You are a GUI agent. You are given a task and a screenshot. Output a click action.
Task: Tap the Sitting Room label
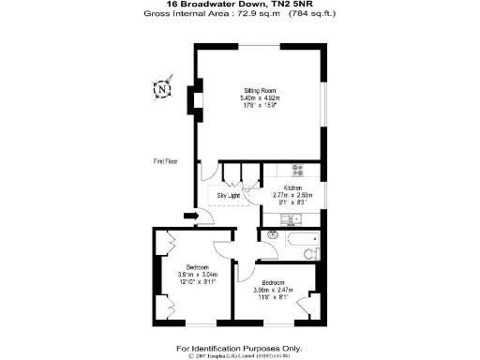click(260, 90)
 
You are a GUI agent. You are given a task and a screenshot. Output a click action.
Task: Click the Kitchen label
click(293, 187)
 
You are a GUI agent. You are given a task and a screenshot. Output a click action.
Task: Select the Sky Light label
click(230, 195)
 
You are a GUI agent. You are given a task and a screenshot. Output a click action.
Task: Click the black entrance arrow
click(191, 218)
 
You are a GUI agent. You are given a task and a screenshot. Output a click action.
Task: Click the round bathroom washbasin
click(273, 234)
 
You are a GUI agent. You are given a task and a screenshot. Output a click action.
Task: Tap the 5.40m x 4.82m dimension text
click(261, 97)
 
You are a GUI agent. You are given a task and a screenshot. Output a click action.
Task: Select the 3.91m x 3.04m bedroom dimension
click(197, 275)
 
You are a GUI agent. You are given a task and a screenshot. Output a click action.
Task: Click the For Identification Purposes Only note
click(239, 347)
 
